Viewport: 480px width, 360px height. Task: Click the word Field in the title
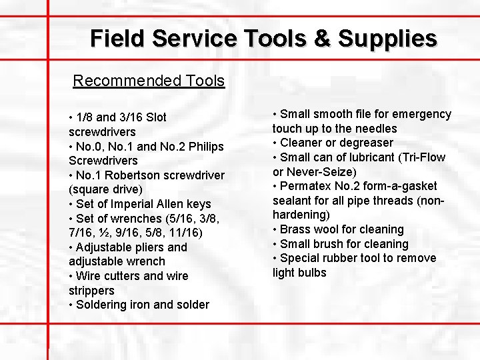[118, 38]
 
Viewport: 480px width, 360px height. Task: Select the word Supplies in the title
[387, 39]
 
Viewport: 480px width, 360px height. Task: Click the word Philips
[206, 147]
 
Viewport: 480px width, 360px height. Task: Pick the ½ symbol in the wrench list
[105, 233]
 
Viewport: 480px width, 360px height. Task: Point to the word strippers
[91, 291]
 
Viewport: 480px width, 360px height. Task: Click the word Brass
[295, 229]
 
